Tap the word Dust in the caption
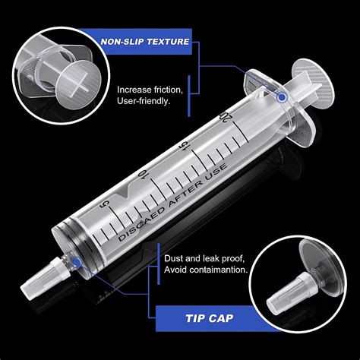[174, 257]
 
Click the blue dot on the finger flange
[283, 97]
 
